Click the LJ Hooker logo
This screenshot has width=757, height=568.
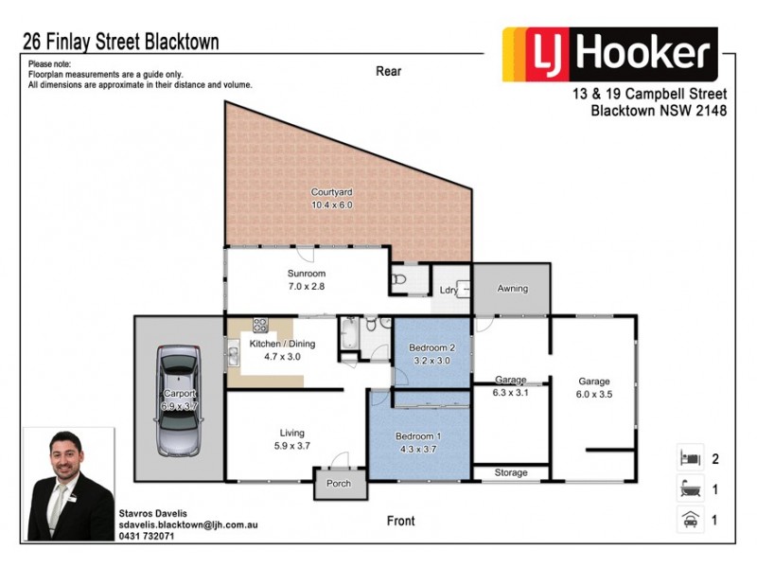[609, 55]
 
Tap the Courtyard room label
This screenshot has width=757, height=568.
[331, 198]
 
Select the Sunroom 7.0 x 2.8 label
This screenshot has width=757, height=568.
[307, 279]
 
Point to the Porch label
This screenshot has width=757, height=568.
[339, 484]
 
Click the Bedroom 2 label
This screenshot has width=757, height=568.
[432, 354]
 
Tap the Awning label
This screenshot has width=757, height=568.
[512, 289]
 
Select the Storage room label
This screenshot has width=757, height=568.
[511, 472]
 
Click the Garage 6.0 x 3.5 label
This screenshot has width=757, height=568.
[594, 388]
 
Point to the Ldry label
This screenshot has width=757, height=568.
[447, 291]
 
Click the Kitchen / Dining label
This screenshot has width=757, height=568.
[282, 350]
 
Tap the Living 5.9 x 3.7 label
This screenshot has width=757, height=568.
[291, 438]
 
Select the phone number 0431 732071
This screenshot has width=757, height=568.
[148, 536]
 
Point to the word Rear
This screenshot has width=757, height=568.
[388, 71]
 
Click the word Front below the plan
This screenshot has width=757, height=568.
[401, 521]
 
